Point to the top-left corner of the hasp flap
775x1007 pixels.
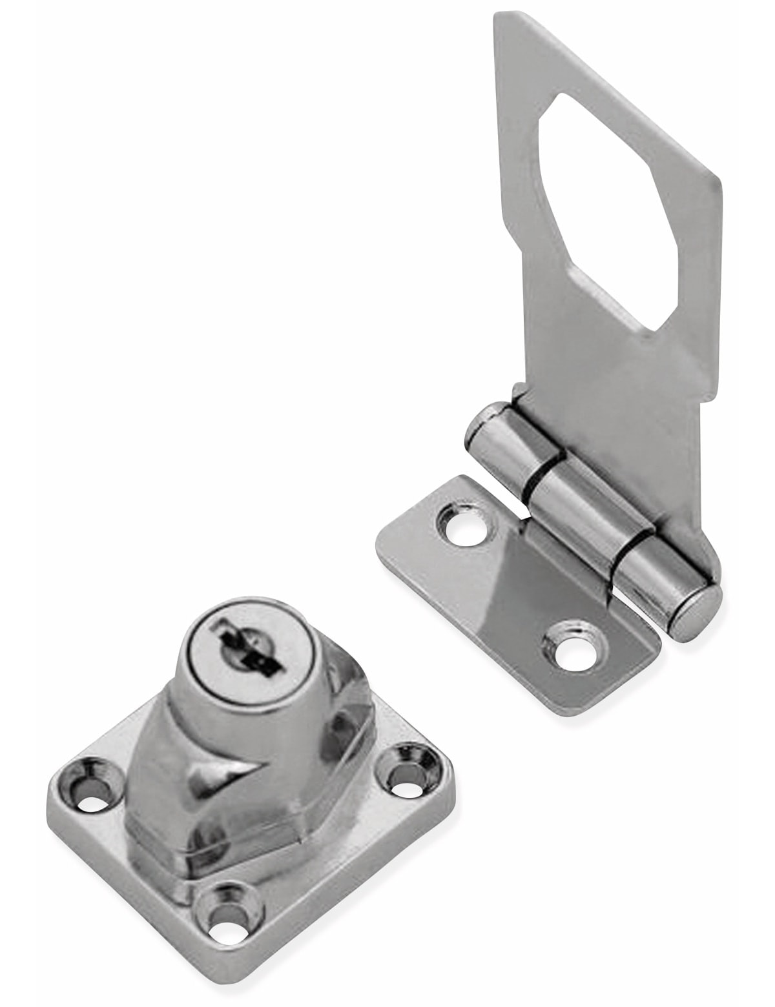pos(497,19)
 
